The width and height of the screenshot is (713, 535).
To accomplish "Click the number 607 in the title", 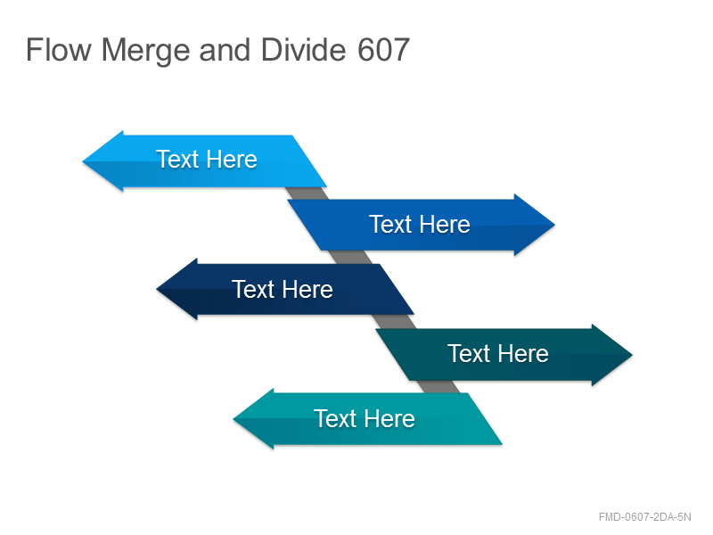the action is (x=384, y=50).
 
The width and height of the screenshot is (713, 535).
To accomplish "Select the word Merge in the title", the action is (x=145, y=51).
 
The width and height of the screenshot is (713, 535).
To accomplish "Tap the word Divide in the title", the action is (x=304, y=49).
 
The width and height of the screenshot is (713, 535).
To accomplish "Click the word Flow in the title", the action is (x=59, y=49).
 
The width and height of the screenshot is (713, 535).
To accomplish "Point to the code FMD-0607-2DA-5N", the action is (x=644, y=517).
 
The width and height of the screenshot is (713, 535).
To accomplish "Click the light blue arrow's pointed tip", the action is (x=83, y=161).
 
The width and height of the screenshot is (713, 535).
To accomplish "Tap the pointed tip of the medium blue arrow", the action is (x=554, y=225).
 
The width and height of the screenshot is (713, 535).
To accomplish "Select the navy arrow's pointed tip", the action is (x=157, y=289).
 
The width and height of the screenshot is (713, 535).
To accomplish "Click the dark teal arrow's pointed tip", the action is (x=632, y=355).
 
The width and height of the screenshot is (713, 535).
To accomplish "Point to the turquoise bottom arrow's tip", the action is (x=234, y=419).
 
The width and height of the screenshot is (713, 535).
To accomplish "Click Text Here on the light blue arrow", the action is (x=207, y=160).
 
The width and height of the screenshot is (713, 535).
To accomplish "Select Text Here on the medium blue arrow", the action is (x=419, y=225).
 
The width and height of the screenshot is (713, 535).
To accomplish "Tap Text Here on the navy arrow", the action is (x=283, y=289).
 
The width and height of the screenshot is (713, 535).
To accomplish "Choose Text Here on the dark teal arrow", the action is (x=498, y=353).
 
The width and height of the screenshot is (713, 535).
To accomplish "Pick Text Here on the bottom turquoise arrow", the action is (x=365, y=418).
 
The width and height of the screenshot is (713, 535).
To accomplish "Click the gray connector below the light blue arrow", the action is (x=307, y=193).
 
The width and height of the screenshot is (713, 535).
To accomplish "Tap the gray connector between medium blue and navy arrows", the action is (x=350, y=257).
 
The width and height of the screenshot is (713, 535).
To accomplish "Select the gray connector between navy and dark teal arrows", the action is (x=394, y=322).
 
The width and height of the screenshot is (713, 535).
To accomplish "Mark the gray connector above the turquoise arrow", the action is (x=438, y=387).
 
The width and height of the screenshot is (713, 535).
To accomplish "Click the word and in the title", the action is (x=225, y=49).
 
